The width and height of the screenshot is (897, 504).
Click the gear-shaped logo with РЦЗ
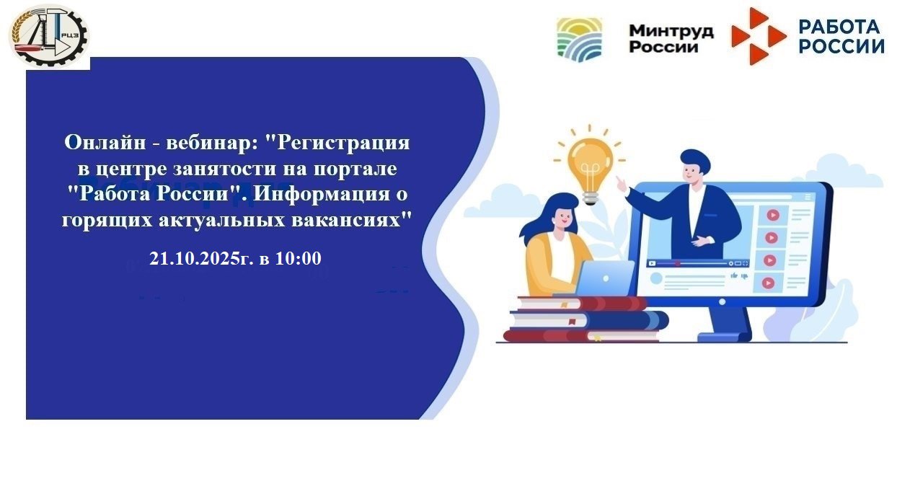pos(49,35)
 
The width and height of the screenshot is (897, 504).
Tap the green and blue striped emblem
pos(580,39)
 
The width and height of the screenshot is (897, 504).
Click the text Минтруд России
pos(671,39)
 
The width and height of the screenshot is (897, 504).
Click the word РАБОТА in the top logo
pos(839,27)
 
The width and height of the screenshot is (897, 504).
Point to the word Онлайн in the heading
pos(105,142)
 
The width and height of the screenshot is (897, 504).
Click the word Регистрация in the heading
pos(343,143)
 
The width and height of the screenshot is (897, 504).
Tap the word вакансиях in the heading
pos(351,220)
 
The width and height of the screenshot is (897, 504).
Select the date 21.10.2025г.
pos(201,259)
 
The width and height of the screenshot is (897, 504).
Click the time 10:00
pos(298,258)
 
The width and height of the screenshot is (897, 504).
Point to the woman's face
pos(565,218)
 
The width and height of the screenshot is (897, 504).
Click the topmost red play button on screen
pos(773,216)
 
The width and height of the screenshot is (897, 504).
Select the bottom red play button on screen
pos(768,283)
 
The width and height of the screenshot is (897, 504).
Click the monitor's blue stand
pos(725,324)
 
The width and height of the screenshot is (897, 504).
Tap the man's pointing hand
pos(621,184)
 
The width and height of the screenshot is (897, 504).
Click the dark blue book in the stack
pos(588,320)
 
